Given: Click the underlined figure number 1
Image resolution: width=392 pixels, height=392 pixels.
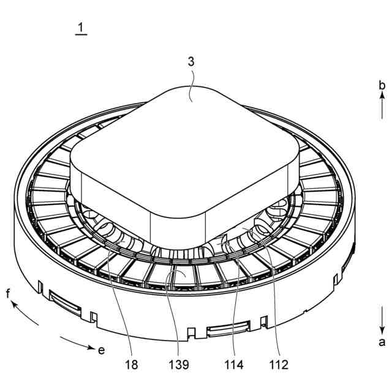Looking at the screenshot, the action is pyautogui.click(x=81, y=28).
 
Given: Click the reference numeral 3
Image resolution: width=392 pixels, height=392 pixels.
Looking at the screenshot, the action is pyautogui.click(x=192, y=62).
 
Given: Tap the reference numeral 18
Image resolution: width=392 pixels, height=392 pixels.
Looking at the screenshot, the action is pyautogui.click(x=132, y=365).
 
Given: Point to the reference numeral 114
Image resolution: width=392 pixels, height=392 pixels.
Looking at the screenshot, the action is pyautogui.click(x=234, y=365).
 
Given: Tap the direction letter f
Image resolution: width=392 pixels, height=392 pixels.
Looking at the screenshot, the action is pyautogui.click(x=9, y=293).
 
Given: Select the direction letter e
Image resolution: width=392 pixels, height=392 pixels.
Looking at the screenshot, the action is pyautogui.click(x=101, y=350).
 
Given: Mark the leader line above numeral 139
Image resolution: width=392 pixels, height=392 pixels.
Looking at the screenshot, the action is pyautogui.click(x=176, y=312).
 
